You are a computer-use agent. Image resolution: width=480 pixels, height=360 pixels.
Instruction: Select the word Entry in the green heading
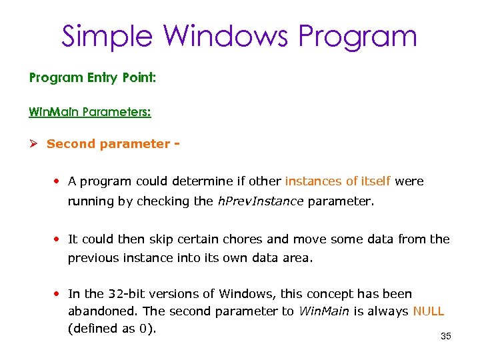point(103,78)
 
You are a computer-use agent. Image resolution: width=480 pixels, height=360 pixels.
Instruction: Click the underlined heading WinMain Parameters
point(90,111)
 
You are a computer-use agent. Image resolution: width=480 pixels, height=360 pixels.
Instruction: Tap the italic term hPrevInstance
point(261,201)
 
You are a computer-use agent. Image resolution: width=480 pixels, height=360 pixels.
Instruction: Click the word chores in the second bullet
point(239,239)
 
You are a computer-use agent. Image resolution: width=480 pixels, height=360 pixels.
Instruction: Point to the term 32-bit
point(126,294)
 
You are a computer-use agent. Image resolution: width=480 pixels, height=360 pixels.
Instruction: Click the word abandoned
point(97,311)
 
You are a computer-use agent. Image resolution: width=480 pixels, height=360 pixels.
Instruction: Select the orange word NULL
point(429,311)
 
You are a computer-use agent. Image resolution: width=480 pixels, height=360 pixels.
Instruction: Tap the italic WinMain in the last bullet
point(323,311)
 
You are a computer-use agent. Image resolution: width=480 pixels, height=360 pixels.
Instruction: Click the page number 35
point(446,337)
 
